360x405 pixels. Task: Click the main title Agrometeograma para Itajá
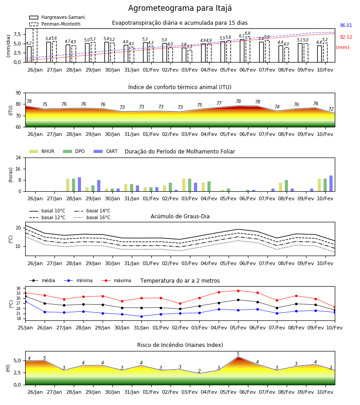click(180, 8)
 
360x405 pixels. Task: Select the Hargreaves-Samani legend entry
click(57, 17)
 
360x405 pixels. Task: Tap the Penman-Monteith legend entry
click(55, 24)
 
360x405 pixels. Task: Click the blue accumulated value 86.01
click(346, 25)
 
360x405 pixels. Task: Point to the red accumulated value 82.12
click(346, 37)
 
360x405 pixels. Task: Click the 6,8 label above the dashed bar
click(247, 33)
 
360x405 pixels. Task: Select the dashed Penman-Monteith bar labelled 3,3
click(189, 56)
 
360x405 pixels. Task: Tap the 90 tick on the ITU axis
click(18, 93)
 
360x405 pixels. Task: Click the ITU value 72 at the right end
click(331, 109)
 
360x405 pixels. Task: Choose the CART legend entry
click(106, 151)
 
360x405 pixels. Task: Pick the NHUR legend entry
click(42, 151)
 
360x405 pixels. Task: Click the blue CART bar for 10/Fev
click(331, 184)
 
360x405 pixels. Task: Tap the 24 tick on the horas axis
click(18, 157)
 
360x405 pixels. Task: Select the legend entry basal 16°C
click(92, 217)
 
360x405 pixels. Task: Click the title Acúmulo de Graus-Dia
click(180, 216)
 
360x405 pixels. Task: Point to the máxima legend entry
click(116, 280)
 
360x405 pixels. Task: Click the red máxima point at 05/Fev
click(238, 291)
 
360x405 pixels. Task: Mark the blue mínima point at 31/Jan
click(141, 316)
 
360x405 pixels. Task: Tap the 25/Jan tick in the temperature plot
click(25, 328)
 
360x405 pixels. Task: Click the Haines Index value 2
click(199, 371)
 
